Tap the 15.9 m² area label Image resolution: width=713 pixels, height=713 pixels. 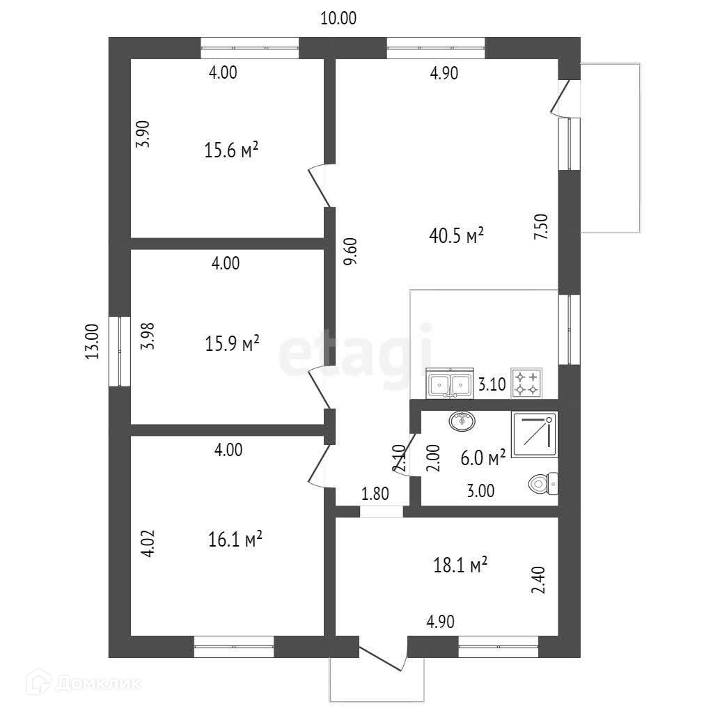click(233, 343)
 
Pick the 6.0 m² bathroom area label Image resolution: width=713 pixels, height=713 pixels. click(483, 458)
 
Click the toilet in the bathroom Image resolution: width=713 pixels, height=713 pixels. click(543, 482)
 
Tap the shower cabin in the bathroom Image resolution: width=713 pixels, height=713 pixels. click(534, 434)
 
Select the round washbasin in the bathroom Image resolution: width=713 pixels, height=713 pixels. click(462, 421)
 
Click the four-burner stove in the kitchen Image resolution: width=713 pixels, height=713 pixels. click(526, 383)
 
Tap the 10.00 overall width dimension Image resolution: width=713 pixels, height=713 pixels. click(338, 19)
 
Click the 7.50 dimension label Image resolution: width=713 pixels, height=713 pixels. click(541, 228)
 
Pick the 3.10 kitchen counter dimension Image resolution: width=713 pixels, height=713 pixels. click(491, 384)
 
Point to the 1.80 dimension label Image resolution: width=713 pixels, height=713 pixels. click(375, 494)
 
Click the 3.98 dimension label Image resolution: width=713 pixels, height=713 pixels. click(146, 335)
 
